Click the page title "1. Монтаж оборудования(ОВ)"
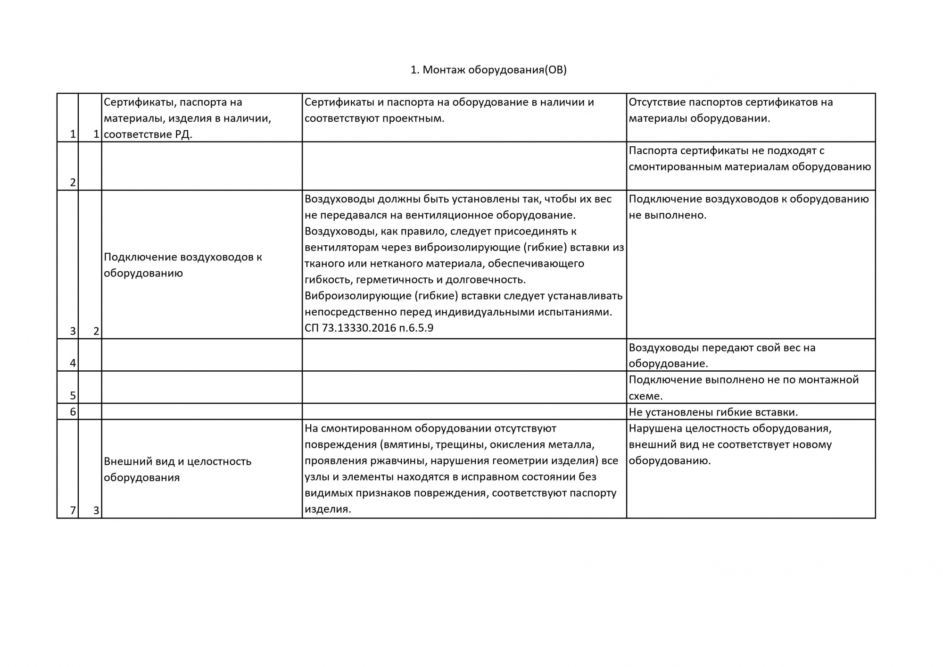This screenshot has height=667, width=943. [488, 70]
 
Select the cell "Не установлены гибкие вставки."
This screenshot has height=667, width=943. [713, 412]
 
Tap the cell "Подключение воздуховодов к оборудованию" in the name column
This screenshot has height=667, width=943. [183, 265]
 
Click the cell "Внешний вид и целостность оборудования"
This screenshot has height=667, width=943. [178, 469]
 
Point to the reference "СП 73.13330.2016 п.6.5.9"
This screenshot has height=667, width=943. [369, 328]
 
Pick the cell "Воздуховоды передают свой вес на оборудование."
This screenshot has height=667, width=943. [722, 355]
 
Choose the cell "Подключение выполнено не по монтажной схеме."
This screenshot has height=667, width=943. [744, 387]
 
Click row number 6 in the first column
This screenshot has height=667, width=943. [73, 412]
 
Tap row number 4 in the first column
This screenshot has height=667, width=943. [73, 363]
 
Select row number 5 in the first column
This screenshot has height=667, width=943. [73, 395]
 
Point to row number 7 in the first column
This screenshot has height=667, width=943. [73, 510]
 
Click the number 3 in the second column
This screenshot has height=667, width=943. [96, 510]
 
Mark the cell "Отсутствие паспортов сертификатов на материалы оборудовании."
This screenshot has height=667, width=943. [730, 110]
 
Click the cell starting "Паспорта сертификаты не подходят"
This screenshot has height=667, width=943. [749, 158]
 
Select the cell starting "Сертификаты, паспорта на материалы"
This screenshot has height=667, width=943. [188, 118]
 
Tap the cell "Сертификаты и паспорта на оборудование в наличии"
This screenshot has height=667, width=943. [449, 110]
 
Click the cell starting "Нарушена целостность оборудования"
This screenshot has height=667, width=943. [730, 444]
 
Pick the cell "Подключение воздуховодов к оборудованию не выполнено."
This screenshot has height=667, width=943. [748, 207]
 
